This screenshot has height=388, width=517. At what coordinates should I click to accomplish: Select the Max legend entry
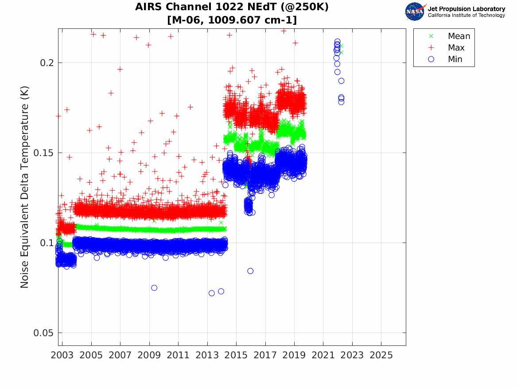click(x=446, y=48)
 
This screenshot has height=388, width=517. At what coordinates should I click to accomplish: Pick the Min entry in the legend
click(x=445, y=59)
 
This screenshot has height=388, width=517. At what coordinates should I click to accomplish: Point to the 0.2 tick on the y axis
click(x=47, y=63)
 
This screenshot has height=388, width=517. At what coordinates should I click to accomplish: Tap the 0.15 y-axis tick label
click(x=44, y=153)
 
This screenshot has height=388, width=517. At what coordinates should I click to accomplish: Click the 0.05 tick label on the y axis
click(x=44, y=333)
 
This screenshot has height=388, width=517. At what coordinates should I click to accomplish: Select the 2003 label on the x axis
click(x=62, y=355)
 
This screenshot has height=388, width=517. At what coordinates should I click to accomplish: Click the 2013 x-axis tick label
click(x=207, y=355)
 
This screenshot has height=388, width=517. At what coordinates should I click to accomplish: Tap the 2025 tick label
click(x=381, y=355)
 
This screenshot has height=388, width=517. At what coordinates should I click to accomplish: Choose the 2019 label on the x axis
click(x=294, y=355)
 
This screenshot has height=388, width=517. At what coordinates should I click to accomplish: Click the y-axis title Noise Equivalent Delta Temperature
click(x=25, y=187)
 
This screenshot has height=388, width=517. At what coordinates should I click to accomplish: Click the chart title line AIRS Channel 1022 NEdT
click(x=232, y=7)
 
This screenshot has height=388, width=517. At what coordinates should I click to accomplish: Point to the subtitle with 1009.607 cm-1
click(x=232, y=20)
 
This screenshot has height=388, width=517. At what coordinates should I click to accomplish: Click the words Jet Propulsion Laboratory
click(x=466, y=9)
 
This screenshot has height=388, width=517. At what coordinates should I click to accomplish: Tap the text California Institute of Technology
click(x=466, y=15)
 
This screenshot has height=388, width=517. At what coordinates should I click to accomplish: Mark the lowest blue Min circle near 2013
click(x=212, y=293)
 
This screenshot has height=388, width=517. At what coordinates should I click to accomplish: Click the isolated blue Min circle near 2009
click(x=154, y=288)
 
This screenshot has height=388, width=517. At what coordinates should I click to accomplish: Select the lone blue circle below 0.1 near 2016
click(x=250, y=271)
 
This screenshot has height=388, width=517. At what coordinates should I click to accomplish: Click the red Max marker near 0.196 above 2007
click(x=120, y=69)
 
